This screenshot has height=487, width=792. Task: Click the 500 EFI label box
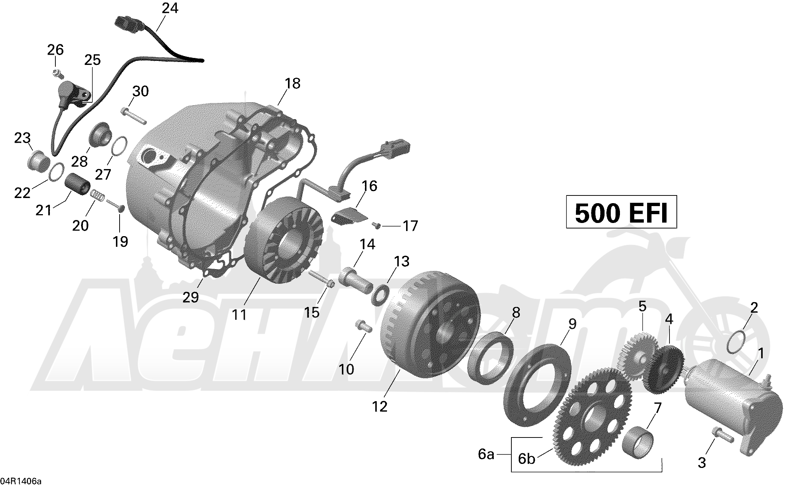coord(621,212)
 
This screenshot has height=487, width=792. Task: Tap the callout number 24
coord(170,8)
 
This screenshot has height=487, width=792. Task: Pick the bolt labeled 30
coord(133,115)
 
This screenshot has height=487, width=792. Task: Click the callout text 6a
coord(486,455)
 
